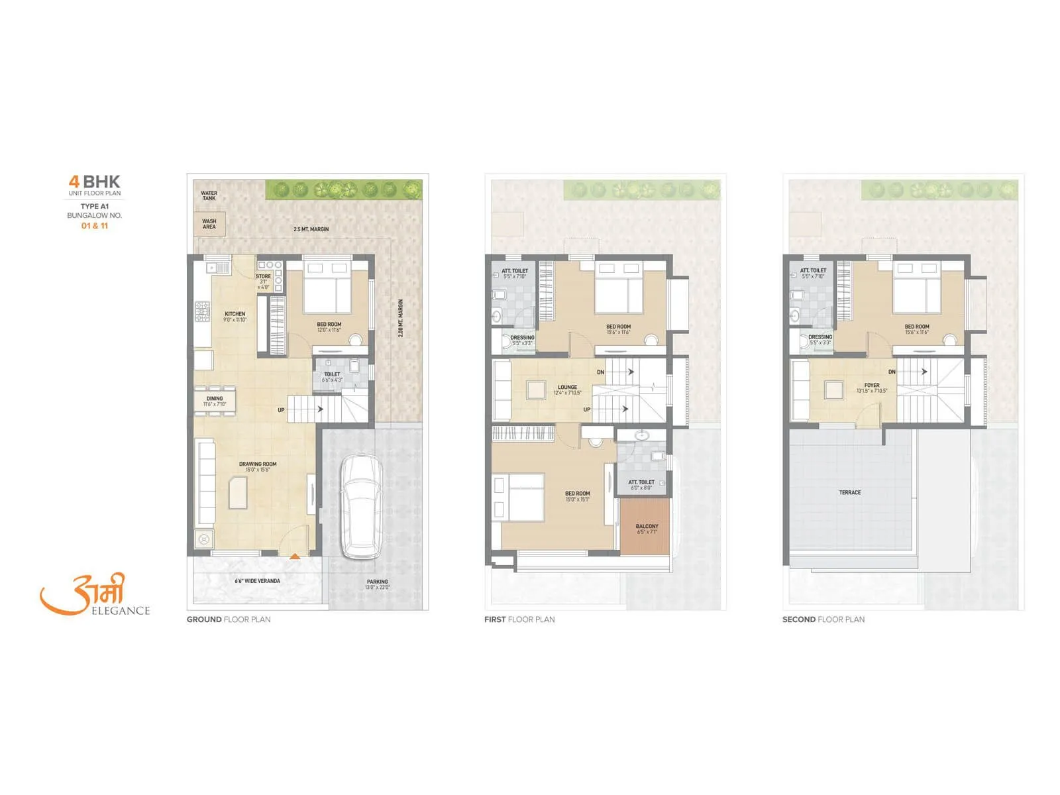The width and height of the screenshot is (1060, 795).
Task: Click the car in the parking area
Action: pyautogui.click(x=361, y=507)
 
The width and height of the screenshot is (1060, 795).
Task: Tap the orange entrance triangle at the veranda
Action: pyautogui.click(x=295, y=556)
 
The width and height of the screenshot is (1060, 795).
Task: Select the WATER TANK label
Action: pyautogui.click(x=209, y=195)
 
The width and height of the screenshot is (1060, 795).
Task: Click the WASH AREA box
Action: pyautogui.click(x=209, y=224)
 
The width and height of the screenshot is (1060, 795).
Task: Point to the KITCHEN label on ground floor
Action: pyautogui.click(x=235, y=314)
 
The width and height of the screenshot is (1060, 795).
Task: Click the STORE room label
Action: pyautogui.click(x=263, y=277)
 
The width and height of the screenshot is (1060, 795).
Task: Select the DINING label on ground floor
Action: pyautogui.click(x=215, y=399)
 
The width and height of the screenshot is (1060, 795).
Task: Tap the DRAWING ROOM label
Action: pyautogui.click(x=258, y=464)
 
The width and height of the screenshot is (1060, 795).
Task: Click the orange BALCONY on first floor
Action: pyautogui.click(x=645, y=527)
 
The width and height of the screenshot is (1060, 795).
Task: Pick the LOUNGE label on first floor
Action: pyautogui.click(x=567, y=388)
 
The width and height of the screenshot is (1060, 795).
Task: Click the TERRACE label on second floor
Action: pyautogui.click(x=849, y=492)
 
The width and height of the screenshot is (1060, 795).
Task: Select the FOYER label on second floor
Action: pyautogui.click(x=872, y=386)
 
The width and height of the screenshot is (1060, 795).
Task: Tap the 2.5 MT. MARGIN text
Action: pyautogui.click(x=311, y=229)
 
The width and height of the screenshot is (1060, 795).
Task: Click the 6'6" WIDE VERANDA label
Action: pyautogui.click(x=257, y=581)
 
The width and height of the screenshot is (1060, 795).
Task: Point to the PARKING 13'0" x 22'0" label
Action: pyautogui.click(x=377, y=584)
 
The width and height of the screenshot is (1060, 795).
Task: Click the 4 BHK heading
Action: pyautogui.click(x=95, y=182)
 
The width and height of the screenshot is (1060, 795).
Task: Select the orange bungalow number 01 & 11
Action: pyautogui.click(x=95, y=226)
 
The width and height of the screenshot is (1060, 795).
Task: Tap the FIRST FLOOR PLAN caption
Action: pyautogui.click(x=519, y=619)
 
